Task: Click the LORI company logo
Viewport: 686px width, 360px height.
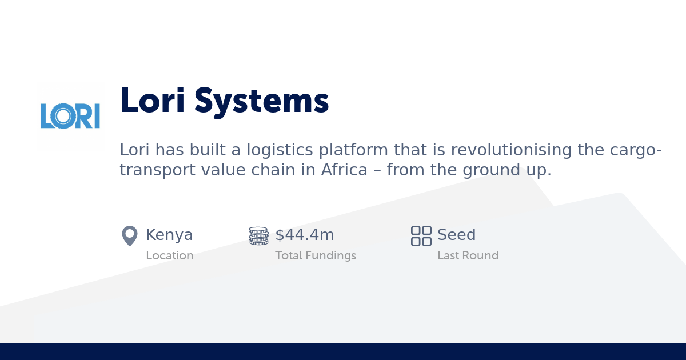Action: tap(70, 116)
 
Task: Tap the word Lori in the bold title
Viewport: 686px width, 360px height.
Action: tap(153, 101)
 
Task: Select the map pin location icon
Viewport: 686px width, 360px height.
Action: tap(130, 235)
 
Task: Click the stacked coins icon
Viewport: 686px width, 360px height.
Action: tap(258, 235)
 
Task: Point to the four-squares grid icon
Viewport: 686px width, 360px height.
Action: tap(421, 235)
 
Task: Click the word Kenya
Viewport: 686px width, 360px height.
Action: tap(169, 235)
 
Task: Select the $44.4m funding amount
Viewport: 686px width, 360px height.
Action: tap(305, 235)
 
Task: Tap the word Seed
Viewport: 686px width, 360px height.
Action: tap(456, 235)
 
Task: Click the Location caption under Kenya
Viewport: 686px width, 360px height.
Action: tap(169, 255)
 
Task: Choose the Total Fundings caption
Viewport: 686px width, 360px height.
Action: tap(316, 255)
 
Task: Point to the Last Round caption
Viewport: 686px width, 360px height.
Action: tap(468, 255)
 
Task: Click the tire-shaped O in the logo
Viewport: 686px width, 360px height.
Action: tap(63, 116)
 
